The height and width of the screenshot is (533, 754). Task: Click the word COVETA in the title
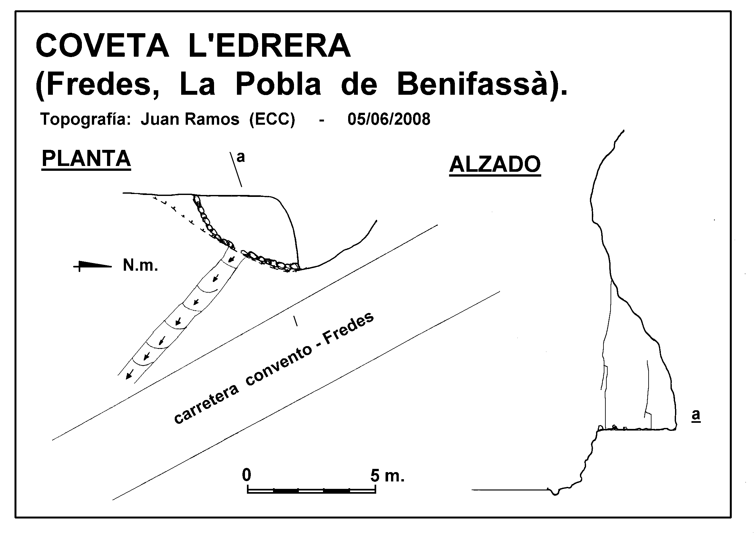pos(102,46)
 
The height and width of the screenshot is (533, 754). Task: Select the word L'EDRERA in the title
pos(269,46)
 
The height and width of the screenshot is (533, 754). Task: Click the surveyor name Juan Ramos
pos(190,119)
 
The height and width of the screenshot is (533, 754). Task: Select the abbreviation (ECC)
pos(272,119)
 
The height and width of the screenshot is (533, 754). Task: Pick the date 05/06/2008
pos(389,119)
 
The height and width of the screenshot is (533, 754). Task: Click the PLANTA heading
pos(86,159)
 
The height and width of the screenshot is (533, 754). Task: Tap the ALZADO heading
pos(495,164)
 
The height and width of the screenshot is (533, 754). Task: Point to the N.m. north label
pos(140,265)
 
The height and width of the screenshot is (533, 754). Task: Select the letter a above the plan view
pos(241,157)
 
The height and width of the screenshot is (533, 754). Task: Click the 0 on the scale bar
pos(247,475)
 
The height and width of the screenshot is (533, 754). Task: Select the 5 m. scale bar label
pos(387,475)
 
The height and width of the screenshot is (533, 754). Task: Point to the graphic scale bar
pos(311,490)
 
